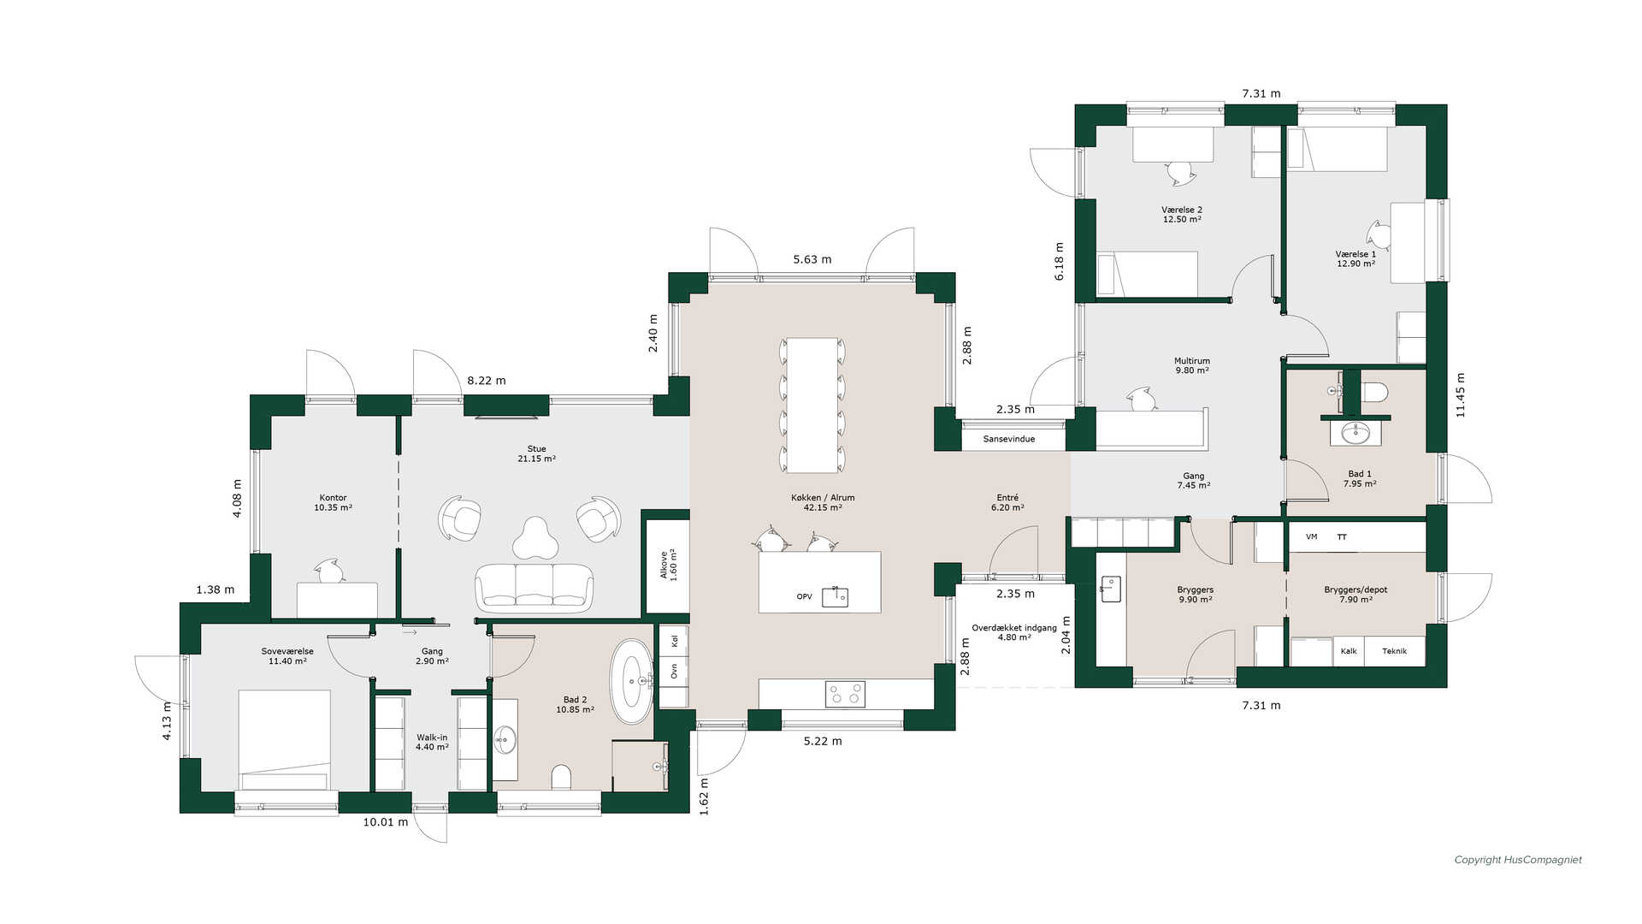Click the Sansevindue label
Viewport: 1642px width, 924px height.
[x=1009, y=439]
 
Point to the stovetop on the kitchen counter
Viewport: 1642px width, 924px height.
[x=845, y=694]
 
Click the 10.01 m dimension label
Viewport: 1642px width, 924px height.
[x=386, y=822]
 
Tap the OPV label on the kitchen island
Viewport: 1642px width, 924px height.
[x=804, y=596]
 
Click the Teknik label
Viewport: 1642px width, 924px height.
[x=1394, y=651]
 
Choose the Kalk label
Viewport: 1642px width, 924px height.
[x=1349, y=651]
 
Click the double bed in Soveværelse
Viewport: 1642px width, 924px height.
[x=284, y=740]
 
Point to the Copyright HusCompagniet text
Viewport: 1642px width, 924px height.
[x=1518, y=860]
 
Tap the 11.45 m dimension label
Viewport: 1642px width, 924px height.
[x=1460, y=395]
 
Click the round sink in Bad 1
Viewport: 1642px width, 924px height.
[x=1356, y=434]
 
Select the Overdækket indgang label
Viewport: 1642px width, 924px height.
[x=1014, y=628]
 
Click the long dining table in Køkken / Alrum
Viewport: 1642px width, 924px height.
[x=812, y=405]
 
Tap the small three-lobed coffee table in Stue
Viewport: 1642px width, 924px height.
[x=535, y=538]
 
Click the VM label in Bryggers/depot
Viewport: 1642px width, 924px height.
[x=1312, y=536]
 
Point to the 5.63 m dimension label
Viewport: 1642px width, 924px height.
[x=812, y=259]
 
